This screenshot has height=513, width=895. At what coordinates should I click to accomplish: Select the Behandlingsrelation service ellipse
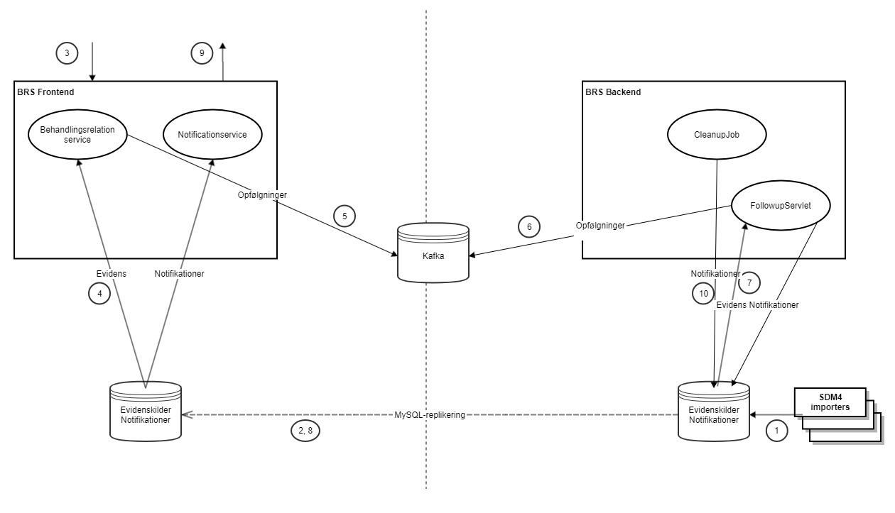[x=77, y=135]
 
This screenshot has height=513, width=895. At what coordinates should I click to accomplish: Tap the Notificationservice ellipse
[x=212, y=135]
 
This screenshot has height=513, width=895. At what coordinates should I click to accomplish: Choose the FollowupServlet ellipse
[x=781, y=206]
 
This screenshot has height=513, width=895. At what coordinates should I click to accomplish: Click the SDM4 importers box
[x=831, y=402]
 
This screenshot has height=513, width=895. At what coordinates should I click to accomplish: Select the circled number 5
[x=344, y=216]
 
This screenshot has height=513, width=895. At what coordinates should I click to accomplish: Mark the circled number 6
[x=528, y=226]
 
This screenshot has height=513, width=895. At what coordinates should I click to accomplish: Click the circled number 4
[x=99, y=294]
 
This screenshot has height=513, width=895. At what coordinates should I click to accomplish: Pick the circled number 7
[x=749, y=282]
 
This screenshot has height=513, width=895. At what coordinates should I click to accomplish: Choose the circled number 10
[x=703, y=294]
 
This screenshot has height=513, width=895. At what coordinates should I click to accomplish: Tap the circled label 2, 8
[x=306, y=431]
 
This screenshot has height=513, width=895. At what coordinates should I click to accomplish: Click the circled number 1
[x=776, y=430]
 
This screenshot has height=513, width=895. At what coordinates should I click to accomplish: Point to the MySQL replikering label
[x=430, y=414]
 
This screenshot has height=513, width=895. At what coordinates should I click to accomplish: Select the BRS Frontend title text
[x=45, y=92]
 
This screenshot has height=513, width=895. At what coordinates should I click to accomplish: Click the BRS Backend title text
[x=613, y=92]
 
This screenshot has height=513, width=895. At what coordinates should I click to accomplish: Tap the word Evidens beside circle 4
[x=112, y=273]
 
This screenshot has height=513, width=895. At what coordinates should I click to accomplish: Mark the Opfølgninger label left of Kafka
[x=262, y=194]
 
